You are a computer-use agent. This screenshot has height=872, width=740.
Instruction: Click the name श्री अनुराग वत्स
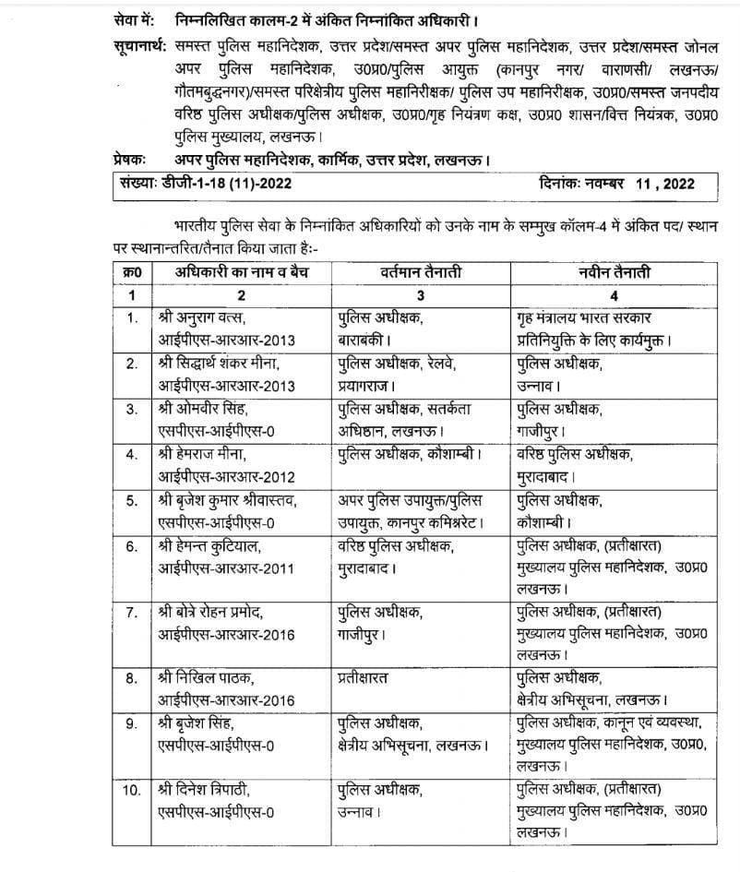205,319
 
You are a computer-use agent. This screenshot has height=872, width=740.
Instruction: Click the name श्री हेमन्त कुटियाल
211,546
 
